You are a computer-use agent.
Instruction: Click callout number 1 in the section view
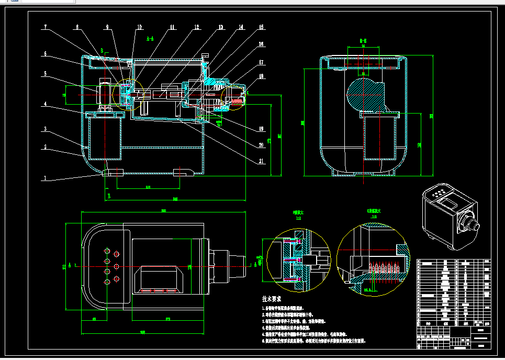point(45,178)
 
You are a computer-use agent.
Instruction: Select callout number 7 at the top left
point(45,27)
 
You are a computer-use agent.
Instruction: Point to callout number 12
point(196,27)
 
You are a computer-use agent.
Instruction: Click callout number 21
point(261,161)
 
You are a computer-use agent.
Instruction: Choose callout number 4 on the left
point(45,104)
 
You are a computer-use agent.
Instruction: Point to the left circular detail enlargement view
point(298,261)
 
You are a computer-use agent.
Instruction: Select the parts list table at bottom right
point(454,303)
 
